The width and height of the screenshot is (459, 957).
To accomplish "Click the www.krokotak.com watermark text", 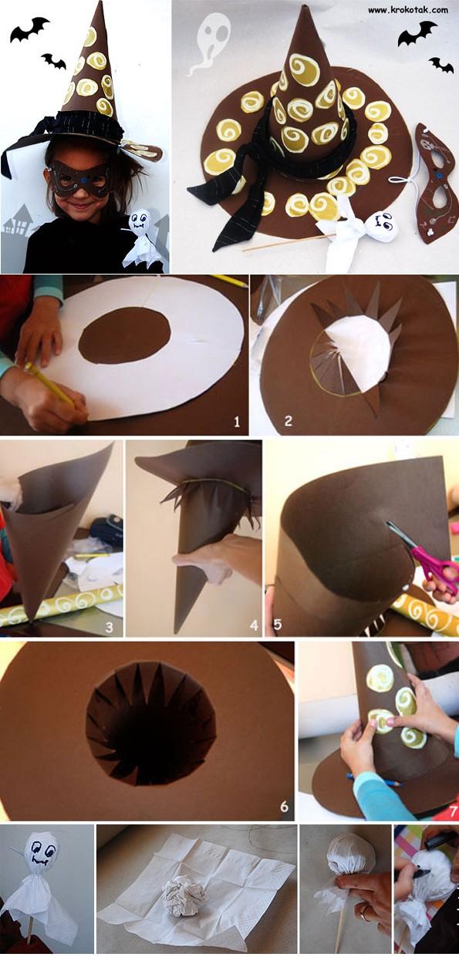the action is [x=408, y=9].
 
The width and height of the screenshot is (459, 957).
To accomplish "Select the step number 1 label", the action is [x=236, y=423].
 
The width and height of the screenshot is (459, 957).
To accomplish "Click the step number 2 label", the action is [x=288, y=421].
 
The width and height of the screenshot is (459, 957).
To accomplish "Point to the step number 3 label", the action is [x=110, y=627].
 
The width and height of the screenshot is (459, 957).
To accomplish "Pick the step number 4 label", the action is [x=255, y=626].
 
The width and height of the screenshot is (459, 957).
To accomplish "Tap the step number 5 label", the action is [x=278, y=625].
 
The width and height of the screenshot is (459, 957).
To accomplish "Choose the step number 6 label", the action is [x=284, y=807].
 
